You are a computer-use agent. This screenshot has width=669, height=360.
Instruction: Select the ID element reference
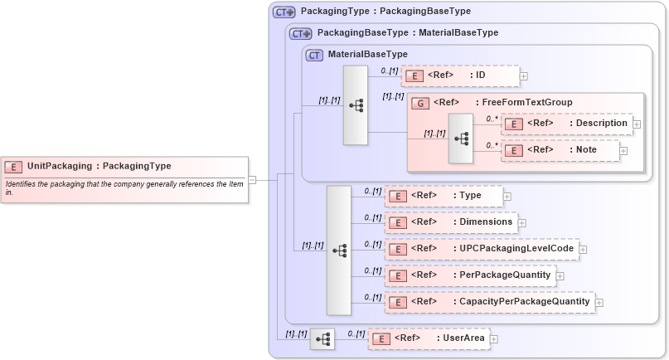[x=461, y=76]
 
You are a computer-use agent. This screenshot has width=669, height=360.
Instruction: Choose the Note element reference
[x=561, y=150]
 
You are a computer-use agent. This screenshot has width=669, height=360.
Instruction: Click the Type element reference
[x=444, y=196]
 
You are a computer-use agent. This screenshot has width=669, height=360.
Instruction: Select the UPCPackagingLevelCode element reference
[x=481, y=249]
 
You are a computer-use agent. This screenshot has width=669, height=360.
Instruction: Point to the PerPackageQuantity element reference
[x=469, y=275]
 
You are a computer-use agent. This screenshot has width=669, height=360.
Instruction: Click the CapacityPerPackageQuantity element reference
[x=490, y=302]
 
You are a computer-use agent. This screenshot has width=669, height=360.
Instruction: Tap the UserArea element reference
[x=429, y=338]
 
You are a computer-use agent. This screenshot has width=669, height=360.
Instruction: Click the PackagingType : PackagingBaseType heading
[x=385, y=12]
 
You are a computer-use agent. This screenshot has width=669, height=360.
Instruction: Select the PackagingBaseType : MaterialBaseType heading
[x=407, y=33]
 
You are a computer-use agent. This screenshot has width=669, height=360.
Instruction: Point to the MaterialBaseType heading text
[x=367, y=55]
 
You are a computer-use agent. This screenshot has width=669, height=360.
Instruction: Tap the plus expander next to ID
[x=524, y=76]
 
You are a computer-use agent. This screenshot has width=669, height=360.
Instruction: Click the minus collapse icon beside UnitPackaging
[x=252, y=179]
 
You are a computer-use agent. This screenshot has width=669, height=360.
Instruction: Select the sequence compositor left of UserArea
[x=322, y=338]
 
